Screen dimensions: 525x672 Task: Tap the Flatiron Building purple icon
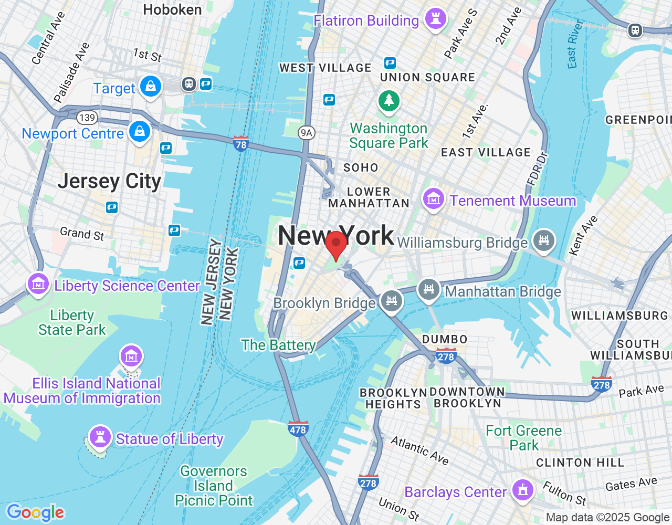(435, 19)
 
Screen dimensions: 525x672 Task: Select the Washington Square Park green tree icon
(389, 100)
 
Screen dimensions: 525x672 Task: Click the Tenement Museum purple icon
(433, 199)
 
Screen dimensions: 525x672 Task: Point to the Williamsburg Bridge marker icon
(543, 240)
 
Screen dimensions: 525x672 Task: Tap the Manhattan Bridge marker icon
(428, 289)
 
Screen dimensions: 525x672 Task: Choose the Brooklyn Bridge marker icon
(392, 301)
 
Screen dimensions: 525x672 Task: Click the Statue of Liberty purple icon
(100, 436)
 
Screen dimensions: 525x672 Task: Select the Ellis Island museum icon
(131, 356)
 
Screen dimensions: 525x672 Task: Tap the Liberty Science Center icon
(38, 284)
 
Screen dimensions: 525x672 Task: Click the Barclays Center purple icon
(522, 490)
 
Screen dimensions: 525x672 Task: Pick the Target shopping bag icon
(151, 86)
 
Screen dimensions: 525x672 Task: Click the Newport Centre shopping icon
(140, 131)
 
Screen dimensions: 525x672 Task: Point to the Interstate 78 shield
(241, 143)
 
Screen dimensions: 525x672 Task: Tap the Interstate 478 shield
(298, 428)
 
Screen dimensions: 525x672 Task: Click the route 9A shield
(307, 132)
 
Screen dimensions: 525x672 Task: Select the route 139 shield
(87, 118)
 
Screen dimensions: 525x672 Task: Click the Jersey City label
(109, 181)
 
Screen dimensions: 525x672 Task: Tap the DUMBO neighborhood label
(445, 339)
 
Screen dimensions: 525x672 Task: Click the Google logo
(35, 512)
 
